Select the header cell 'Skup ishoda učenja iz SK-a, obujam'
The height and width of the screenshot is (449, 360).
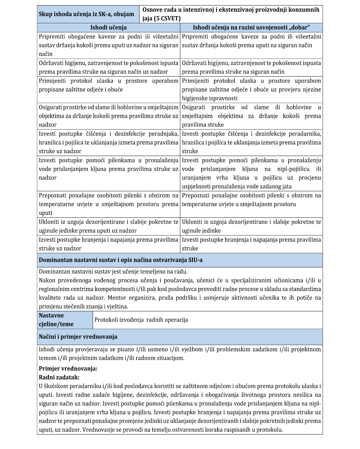point(86,14)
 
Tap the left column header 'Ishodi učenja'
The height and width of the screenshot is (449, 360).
point(108,28)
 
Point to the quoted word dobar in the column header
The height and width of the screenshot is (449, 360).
point(300,28)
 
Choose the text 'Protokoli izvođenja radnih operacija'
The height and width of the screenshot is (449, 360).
point(141,320)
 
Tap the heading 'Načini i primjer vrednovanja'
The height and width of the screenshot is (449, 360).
point(78,337)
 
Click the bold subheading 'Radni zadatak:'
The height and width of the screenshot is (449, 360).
point(59,377)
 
